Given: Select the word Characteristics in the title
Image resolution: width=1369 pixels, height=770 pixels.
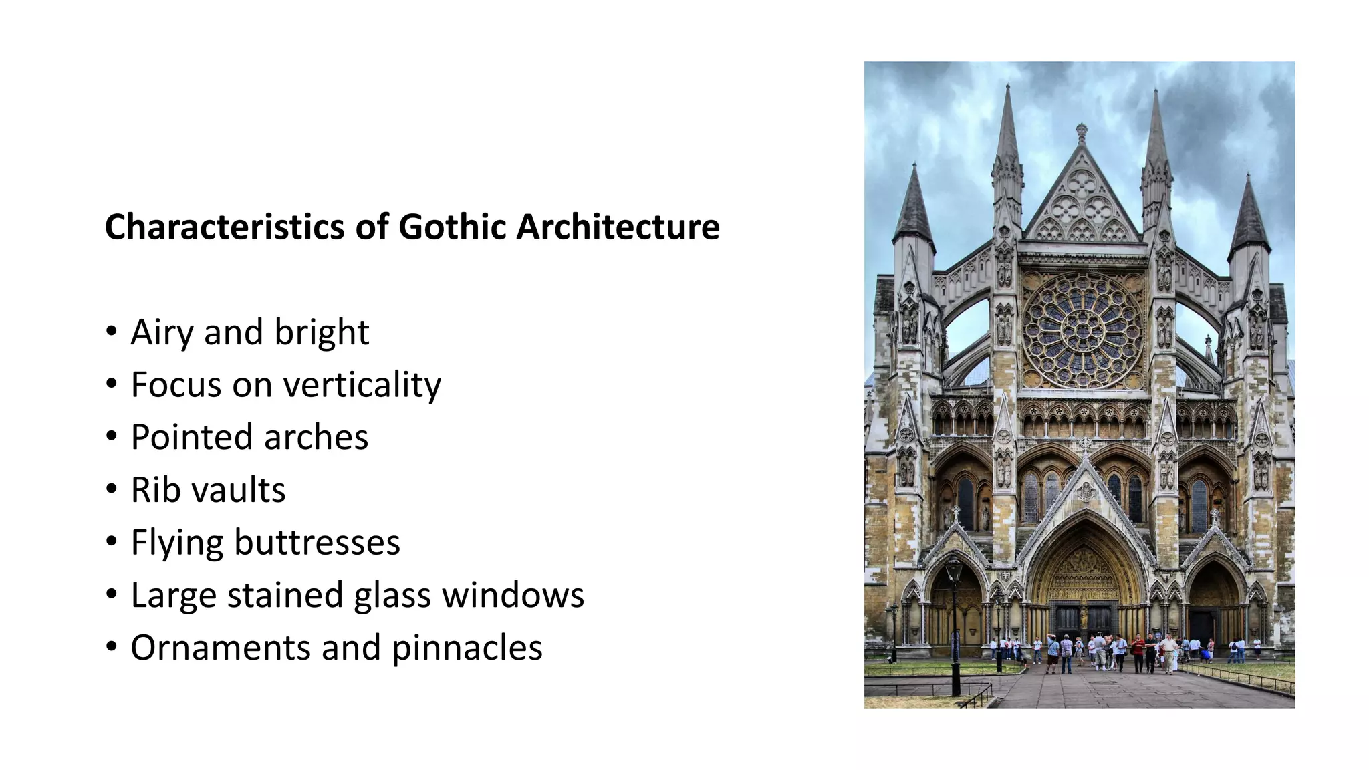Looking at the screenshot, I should click(x=224, y=227).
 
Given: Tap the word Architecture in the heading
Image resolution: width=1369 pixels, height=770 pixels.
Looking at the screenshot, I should click(x=618, y=227).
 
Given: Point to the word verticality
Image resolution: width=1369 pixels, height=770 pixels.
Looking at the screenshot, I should click(x=362, y=385).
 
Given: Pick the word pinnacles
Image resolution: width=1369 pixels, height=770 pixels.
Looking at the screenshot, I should click(x=467, y=648).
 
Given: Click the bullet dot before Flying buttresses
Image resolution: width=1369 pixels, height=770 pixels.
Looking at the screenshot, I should click(x=112, y=541).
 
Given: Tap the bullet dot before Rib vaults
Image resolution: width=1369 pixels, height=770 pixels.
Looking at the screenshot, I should click(x=112, y=489).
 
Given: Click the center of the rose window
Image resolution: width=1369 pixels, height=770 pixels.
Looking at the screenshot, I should click(x=1082, y=331).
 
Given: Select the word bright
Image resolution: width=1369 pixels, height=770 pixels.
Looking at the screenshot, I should click(x=322, y=332).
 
